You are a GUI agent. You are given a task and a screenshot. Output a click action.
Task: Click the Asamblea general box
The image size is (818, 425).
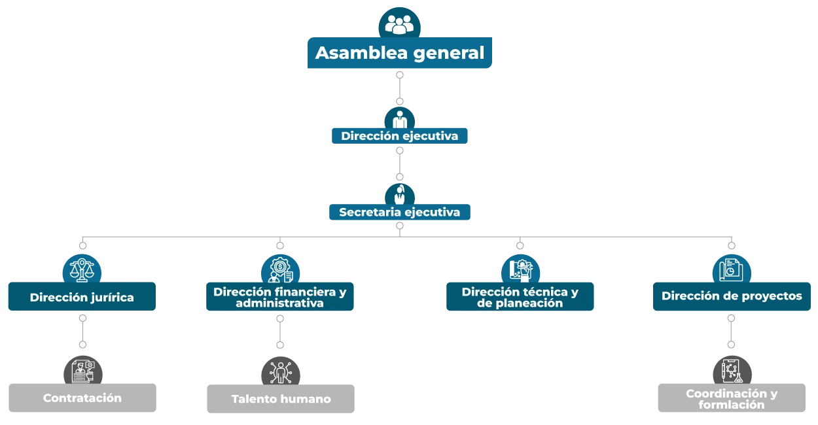[x=399, y=53]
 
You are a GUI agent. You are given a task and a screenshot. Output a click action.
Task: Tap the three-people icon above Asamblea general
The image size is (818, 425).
[x=399, y=24]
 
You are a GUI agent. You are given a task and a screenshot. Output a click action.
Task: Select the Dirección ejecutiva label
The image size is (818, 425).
[x=399, y=136]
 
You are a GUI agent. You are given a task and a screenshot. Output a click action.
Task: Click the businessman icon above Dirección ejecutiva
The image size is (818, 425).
[x=399, y=119]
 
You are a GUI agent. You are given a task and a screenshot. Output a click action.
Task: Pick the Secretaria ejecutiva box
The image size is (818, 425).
[x=399, y=212]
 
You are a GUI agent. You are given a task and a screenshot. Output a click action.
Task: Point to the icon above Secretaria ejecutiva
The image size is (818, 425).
[x=399, y=194]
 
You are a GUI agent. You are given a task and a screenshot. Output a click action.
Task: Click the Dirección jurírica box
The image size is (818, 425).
[x=82, y=297]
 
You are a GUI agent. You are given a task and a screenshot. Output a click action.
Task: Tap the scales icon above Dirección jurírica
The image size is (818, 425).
[x=82, y=268]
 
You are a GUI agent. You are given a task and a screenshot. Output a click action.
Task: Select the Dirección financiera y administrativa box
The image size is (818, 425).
[x=279, y=297]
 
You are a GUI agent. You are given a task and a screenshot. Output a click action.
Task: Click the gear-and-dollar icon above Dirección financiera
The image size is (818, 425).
[x=280, y=269]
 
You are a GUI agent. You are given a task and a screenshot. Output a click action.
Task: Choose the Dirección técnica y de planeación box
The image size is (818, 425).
[x=520, y=297]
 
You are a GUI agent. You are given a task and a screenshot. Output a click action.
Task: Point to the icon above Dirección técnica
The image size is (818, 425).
[x=521, y=269]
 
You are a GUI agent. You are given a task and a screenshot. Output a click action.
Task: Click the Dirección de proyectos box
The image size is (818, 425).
[x=731, y=296]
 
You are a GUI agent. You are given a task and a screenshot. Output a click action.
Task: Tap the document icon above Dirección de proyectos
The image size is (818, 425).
[x=731, y=269]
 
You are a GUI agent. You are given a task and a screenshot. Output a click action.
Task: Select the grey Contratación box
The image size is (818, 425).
[x=82, y=398]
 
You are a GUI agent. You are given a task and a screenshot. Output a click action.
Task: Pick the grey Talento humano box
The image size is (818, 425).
[x=280, y=398]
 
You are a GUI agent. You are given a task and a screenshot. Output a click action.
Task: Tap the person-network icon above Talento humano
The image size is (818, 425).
[x=281, y=372]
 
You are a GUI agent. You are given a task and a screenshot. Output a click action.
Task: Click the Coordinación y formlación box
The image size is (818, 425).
[x=731, y=398]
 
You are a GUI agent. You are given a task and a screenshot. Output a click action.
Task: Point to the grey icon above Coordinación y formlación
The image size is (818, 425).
[x=732, y=371]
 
